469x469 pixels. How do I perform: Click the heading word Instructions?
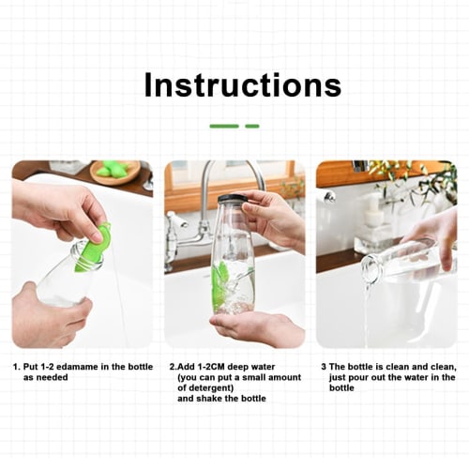pos(242,85)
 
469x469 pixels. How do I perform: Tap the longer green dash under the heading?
pos(224,126)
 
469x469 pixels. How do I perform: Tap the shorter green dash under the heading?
pos(252,126)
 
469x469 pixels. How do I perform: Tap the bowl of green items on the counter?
pos(114,171)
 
